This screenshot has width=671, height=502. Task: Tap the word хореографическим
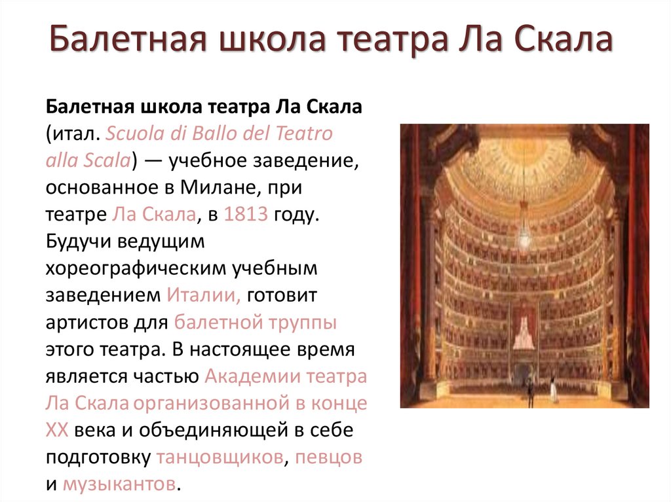(x=135, y=269)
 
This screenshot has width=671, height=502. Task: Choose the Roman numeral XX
(x=58, y=430)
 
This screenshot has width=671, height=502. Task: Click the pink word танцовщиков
(x=220, y=457)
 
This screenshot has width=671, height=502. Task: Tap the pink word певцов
(x=328, y=457)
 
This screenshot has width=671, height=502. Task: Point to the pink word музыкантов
(x=119, y=484)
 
